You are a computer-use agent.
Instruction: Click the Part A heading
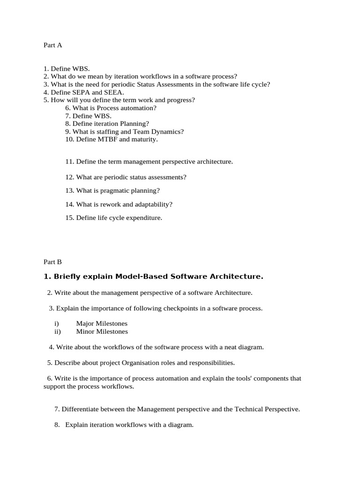(52, 45)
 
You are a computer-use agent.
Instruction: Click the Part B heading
(52, 262)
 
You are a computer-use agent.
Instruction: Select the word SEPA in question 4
(76, 92)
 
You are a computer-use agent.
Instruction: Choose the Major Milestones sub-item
(102, 323)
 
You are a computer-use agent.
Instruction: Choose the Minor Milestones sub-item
(102, 331)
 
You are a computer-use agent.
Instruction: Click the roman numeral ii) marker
(58, 331)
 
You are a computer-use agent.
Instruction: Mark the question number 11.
(70, 162)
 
